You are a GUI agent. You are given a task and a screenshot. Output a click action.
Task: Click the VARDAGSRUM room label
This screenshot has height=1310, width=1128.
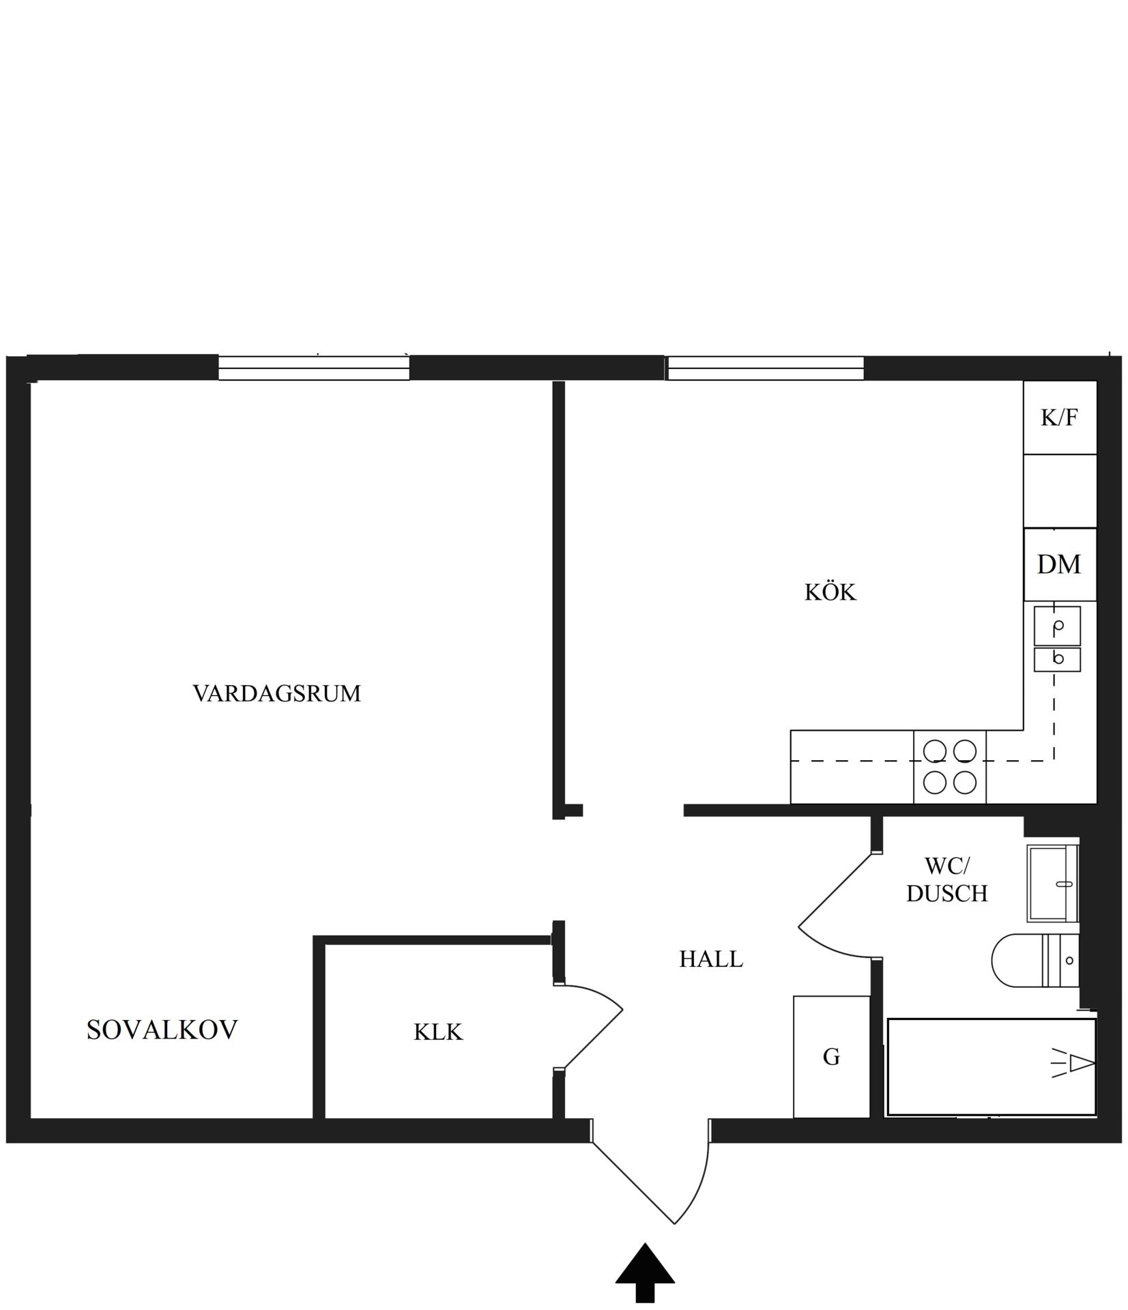[276, 693]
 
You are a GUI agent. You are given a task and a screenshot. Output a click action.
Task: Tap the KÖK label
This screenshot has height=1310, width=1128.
[830, 592]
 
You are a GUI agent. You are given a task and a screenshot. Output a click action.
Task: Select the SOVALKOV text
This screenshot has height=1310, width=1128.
[162, 1030]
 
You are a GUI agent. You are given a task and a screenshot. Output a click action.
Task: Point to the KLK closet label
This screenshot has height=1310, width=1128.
[438, 1032]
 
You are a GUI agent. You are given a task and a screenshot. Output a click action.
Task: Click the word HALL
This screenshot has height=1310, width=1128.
[710, 959]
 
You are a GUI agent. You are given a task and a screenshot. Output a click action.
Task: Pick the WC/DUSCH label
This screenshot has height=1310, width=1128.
[946, 879]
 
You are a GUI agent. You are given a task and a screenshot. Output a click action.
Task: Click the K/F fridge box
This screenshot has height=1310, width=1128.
[1059, 417]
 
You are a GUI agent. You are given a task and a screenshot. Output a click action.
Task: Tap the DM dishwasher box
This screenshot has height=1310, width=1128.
[1060, 564]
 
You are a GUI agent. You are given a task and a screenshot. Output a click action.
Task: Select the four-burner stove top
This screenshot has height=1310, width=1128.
[949, 766]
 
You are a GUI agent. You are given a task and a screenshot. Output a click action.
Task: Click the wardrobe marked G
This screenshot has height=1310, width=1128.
[831, 1057]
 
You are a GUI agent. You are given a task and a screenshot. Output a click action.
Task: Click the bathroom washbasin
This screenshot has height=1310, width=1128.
[1053, 883]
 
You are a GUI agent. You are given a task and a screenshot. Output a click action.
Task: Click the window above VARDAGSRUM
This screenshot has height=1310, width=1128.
[314, 368]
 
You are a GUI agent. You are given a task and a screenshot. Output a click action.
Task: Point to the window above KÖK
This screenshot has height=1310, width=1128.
[766, 368]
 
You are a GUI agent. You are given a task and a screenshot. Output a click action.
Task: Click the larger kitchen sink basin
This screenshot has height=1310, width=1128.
[1057, 626]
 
